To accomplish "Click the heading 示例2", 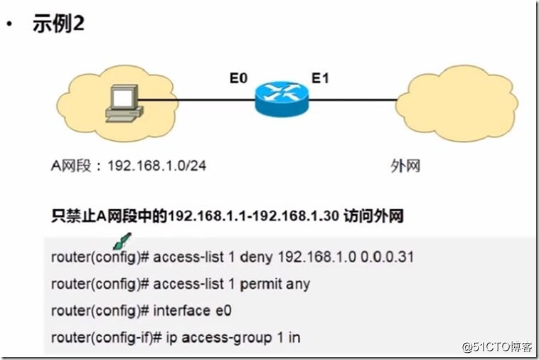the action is coord(59,23).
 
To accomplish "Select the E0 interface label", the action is coord(239,77).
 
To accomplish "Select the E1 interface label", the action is coord(321,77).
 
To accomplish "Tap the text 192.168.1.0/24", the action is coord(157,166).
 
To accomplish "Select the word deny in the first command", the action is coord(257,256).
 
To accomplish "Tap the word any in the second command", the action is coord(299,283).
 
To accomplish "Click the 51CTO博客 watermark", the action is coord(497,347).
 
